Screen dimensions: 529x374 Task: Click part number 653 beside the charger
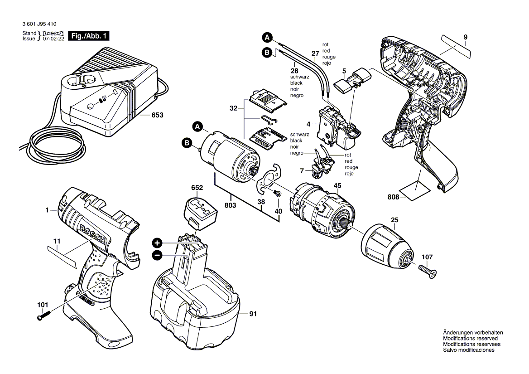157,115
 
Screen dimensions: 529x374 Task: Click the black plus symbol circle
157,243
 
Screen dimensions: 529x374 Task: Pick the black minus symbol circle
157,256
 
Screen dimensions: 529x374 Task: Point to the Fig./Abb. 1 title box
89,36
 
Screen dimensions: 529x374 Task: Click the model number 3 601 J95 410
39,24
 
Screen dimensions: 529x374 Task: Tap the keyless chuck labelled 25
387,245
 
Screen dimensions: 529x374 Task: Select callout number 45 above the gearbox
337,186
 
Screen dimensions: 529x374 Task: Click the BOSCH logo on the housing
92,234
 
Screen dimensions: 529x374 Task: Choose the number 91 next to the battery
253,314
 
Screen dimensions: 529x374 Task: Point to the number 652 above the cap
197,188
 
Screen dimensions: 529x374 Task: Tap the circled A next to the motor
197,127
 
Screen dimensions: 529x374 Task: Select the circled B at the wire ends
267,53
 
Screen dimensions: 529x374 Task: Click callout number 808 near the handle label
394,197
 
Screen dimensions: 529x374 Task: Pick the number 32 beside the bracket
233,108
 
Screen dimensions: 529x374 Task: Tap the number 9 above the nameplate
466,37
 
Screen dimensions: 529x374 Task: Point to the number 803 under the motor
230,205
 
